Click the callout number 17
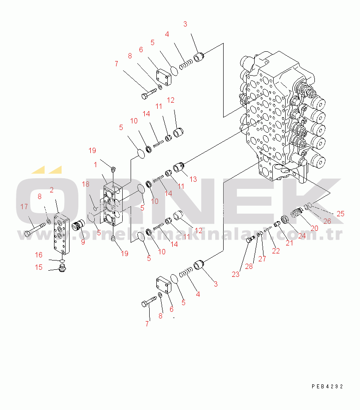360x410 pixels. pos(24,207)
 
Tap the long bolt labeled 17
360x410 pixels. pos(35,230)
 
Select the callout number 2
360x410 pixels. pos(51,190)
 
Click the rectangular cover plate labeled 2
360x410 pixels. pos(62,234)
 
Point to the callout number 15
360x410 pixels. pos(39,267)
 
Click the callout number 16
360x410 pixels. pos(39,255)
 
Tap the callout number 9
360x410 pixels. pos(83,242)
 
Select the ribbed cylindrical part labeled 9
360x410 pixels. pos(78,225)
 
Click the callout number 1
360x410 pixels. pos(96,165)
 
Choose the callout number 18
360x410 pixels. pos(85,184)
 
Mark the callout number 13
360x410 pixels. pos(193,180)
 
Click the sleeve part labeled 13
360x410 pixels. pos(179,167)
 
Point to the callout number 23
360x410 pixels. pos(236,274)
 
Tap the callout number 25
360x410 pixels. pos(341,214)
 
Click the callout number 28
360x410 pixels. pos(249,266)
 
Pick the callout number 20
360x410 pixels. pos(314,228)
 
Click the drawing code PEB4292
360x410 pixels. pos(327,386)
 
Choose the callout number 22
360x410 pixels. pos(276,251)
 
